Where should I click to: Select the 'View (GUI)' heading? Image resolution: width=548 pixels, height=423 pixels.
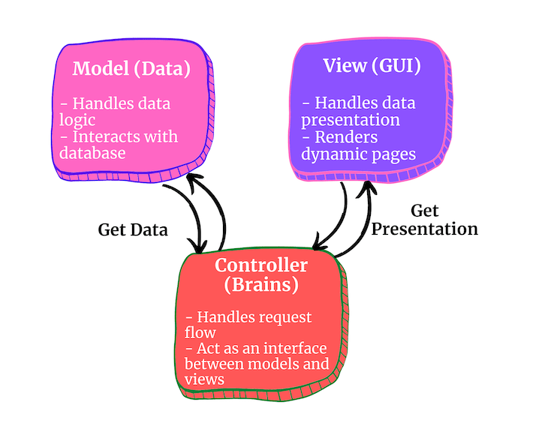click(372, 65)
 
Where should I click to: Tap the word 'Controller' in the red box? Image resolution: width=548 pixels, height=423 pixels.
click(260, 265)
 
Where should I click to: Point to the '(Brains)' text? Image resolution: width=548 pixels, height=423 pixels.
click(260, 285)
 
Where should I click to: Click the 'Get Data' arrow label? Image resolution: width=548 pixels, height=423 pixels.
click(132, 229)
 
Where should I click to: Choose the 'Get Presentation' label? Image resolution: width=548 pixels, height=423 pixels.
click(424, 220)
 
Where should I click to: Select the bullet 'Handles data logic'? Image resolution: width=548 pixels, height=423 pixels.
click(113, 112)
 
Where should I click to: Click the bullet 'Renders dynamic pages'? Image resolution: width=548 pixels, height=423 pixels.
click(358, 145)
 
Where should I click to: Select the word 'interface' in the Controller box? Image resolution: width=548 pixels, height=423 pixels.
click(300, 348)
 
